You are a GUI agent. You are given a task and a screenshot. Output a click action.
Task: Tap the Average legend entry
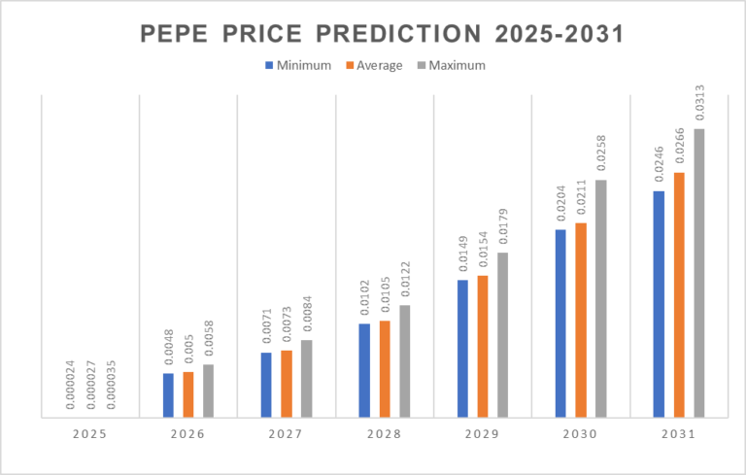click(x=374, y=66)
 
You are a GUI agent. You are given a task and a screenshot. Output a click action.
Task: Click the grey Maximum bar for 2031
click(x=698, y=273)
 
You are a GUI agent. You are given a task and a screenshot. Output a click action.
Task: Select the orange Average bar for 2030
click(x=581, y=321)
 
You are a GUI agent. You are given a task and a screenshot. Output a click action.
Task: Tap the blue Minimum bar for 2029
click(x=462, y=349)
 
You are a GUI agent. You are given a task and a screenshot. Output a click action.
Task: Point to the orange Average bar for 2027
click(x=287, y=384)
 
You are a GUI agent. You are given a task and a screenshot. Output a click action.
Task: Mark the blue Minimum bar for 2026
click(x=168, y=395)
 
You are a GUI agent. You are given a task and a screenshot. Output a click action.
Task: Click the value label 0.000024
click(x=70, y=387)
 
